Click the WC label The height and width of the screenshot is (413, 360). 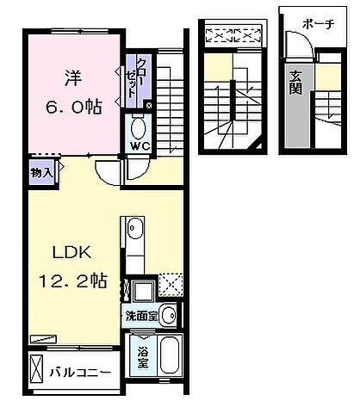click(138, 146)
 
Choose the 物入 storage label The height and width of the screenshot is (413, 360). click(40, 172)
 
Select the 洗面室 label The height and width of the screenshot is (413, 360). click(140, 316)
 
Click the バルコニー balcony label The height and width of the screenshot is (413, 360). click(79, 373)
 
